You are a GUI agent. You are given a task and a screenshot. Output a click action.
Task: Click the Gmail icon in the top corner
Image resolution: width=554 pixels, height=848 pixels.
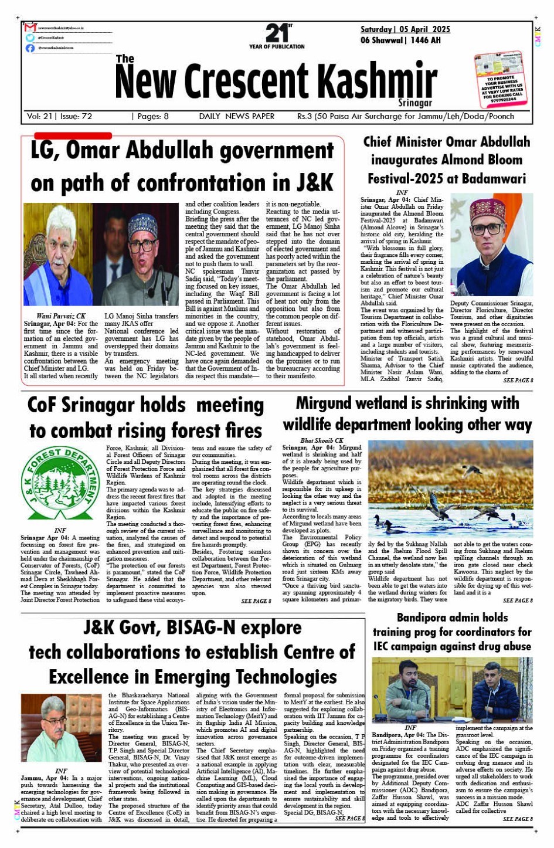pyautogui.click(x=30, y=27)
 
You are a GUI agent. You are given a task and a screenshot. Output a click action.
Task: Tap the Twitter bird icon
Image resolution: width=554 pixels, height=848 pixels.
pyautogui.click(x=30, y=38)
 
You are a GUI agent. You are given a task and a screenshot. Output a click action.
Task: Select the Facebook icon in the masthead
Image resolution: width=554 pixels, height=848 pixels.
pyautogui.click(x=30, y=48)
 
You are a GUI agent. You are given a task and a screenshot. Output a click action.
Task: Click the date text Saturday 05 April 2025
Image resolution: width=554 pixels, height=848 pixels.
pyautogui.click(x=405, y=29)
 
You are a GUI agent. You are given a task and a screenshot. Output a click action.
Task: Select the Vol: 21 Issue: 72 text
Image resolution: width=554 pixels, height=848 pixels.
pyautogui.click(x=59, y=116)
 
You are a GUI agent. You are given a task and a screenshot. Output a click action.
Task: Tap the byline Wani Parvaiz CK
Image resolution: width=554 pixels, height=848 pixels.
pyautogui.click(x=61, y=316)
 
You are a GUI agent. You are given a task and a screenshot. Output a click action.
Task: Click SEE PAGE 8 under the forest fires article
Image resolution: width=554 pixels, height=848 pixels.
pyautogui.click(x=256, y=601)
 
